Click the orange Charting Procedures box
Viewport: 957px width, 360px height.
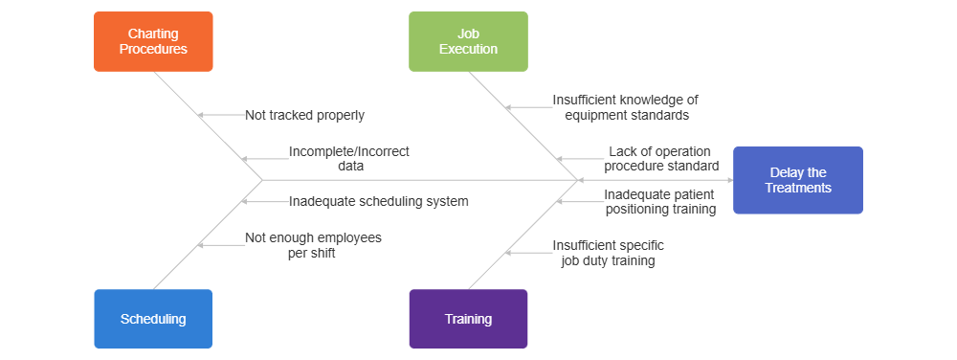click(153, 41)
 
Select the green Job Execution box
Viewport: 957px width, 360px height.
click(468, 41)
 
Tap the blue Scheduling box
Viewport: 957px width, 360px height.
click(153, 319)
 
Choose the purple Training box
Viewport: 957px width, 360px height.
click(468, 319)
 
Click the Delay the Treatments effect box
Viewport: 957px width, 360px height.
click(798, 180)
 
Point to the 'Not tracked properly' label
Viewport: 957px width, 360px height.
click(304, 115)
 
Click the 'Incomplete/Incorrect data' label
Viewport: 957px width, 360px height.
click(349, 158)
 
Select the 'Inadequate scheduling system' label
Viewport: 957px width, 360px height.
click(378, 201)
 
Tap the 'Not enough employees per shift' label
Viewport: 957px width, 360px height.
click(313, 245)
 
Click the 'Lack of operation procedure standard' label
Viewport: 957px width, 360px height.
click(661, 158)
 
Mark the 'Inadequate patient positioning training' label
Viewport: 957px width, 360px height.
click(659, 202)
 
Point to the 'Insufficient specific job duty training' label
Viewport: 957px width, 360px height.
click(608, 253)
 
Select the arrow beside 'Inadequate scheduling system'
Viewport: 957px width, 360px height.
click(263, 201)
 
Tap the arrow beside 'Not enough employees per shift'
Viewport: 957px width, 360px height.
click(220, 245)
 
